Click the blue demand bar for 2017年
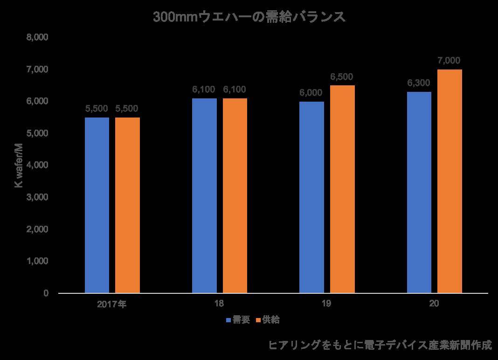tap(97, 205)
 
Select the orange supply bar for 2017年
tap(127, 205)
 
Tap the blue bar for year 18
tap(204, 196)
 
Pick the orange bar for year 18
tap(235, 196)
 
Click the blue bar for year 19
tap(311, 197)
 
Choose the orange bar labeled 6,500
tap(342, 189)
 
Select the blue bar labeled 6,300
tap(419, 193)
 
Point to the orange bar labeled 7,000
tap(450, 181)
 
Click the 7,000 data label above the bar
tap(449, 61)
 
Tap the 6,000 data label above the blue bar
tap(311, 92)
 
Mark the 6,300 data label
tap(419, 83)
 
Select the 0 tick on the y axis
tap(46, 293)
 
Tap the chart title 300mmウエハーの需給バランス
tap(249, 17)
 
